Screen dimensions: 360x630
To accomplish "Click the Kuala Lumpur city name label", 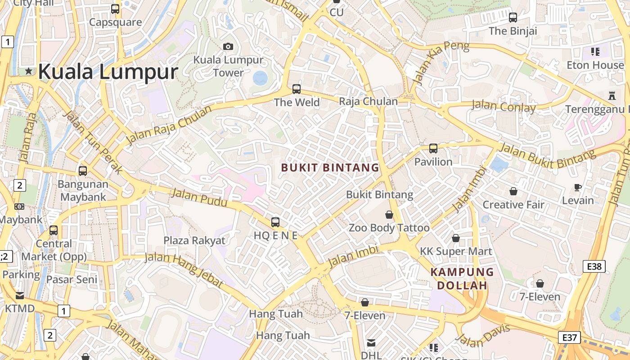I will coord(108,72).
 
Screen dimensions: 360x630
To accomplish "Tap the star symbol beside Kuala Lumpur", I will coord(29,71).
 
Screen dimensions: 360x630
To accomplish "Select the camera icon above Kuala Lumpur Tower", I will coord(228,46).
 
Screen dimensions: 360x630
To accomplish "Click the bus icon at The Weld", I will coord(296,89).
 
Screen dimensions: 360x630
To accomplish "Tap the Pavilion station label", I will coord(433,162).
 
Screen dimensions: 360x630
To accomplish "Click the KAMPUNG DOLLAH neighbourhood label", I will coord(462,279).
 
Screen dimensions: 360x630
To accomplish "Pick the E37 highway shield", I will coord(569,337).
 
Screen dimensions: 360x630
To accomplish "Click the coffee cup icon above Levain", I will coord(578,187).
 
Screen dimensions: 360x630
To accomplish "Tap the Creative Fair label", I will coord(513,205).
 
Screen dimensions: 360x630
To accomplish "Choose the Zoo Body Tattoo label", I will coord(389,228).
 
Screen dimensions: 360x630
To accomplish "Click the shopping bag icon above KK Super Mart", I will coord(456,238).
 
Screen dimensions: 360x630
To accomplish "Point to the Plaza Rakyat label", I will coord(194,240).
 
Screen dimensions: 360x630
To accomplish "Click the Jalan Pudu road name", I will coord(199,198).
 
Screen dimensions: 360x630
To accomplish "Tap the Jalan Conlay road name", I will coord(503,107).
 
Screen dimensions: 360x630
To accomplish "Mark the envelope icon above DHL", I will coord(371,343).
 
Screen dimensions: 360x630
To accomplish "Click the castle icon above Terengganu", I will coord(612,95).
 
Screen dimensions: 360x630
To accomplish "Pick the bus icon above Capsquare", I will coord(115,9).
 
